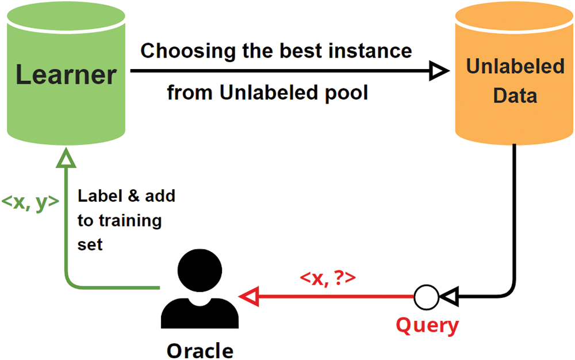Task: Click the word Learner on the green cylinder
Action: coord(66,75)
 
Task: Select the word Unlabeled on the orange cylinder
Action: coord(515,66)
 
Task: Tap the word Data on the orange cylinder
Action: coord(515,95)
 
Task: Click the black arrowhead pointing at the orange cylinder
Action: coord(439,70)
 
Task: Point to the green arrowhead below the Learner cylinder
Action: coord(66,158)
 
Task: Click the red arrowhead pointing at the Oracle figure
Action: coord(250,296)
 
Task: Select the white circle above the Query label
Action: coord(426,297)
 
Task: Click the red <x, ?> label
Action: coord(328,278)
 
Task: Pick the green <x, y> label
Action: coord(30,202)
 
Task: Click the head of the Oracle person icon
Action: coord(200,270)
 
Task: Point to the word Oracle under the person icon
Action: coord(200,351)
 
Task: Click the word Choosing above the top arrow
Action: coord(188,51)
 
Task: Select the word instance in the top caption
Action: coord(370,51)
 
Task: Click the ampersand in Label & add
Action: coord(134,196)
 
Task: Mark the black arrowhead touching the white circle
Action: coord(449,297)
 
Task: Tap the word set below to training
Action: coord(90,244)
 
